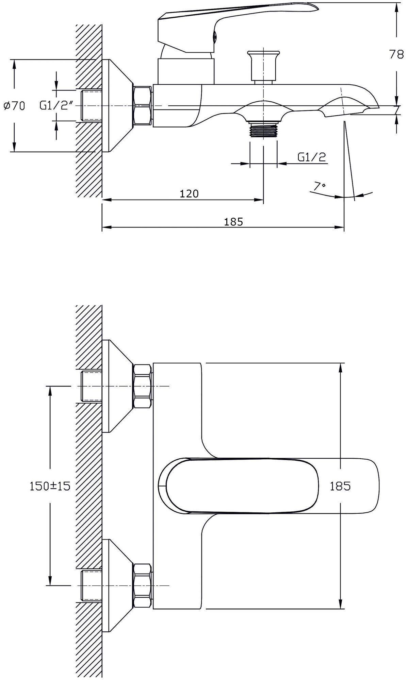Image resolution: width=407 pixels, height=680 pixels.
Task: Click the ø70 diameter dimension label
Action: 14,106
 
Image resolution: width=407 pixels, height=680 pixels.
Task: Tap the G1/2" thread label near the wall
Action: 56,106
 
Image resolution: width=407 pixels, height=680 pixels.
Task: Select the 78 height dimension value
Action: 396,54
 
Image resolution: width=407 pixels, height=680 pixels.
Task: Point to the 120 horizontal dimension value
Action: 189,194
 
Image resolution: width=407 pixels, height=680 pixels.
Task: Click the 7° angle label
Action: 320,186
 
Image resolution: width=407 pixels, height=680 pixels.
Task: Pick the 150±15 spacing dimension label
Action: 50,486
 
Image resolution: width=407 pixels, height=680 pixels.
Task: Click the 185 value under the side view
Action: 233,222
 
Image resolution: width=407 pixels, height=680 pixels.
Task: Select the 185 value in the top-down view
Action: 340,486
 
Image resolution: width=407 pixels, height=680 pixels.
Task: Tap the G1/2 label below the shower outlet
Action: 312,157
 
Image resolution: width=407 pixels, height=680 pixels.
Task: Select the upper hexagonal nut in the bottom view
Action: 143,386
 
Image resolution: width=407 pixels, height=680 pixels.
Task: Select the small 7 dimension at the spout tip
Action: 396,109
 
